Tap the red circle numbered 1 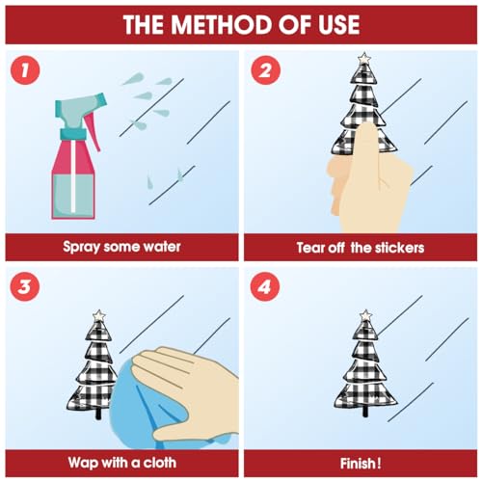tap(25, 70)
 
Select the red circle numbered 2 tap(265, 70)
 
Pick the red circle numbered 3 tap(25, 286)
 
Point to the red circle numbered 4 tap(265, 286)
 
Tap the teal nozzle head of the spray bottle tap(80, 106)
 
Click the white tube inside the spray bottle tap(73, 175)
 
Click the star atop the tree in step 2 tap(364, 59)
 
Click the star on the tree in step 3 tap(99, 316)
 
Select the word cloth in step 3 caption tap(160, 463)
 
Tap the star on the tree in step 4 tap(365, 316)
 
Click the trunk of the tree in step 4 tap(364, 412)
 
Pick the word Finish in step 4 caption tap(358, 464)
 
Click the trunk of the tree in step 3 tap(98, 414)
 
